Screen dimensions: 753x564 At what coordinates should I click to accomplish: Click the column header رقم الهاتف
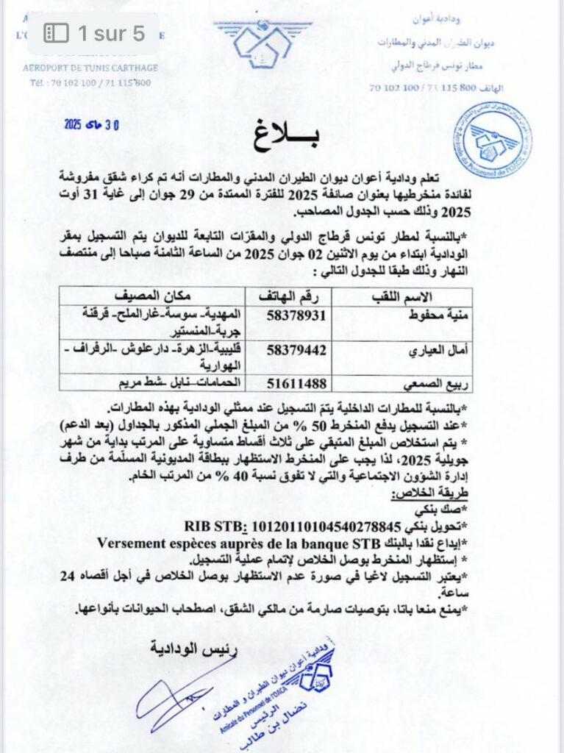coord(290,297)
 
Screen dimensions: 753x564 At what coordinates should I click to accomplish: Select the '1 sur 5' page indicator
coord(93,33)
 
